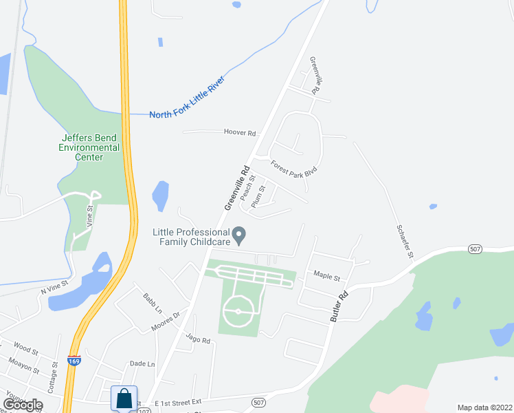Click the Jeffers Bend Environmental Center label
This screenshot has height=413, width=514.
click(89, 147)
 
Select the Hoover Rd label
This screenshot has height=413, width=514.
click(240, 133)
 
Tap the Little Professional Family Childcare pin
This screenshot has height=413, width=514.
click(239, 236)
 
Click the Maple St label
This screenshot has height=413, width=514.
click(327, 277)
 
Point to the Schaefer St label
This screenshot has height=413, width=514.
click(405, 242)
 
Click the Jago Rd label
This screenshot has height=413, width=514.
click(197, 339)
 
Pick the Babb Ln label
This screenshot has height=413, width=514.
click(152, 301)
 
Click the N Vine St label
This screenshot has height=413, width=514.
click(54, 287)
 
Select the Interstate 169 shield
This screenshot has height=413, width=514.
click(74, 360)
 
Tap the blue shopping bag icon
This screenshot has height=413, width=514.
click(124, 399)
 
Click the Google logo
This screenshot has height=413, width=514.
click(23, 404)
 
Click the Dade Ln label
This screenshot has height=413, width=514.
click(142, 363)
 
